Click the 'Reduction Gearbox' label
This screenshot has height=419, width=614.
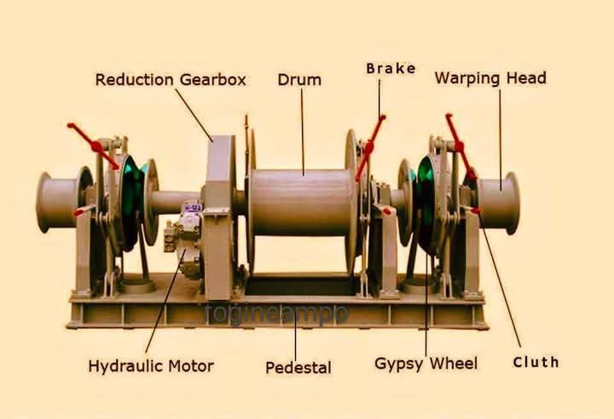(x=171, y=80)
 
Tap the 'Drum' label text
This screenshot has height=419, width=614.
(x=299, y=80)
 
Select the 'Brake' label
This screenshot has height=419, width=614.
(x=391, y=68)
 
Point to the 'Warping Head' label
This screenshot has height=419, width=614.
(x=490, y=78)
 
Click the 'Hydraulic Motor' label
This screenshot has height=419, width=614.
(x=151, y=366)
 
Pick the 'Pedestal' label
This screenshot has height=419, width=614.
(x=298, y=368)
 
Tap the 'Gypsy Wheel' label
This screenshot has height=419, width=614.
(x=426, y=364)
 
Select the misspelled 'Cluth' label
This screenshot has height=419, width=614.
(x=536, y=362)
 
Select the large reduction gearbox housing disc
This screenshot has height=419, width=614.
(x=220, y=204)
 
